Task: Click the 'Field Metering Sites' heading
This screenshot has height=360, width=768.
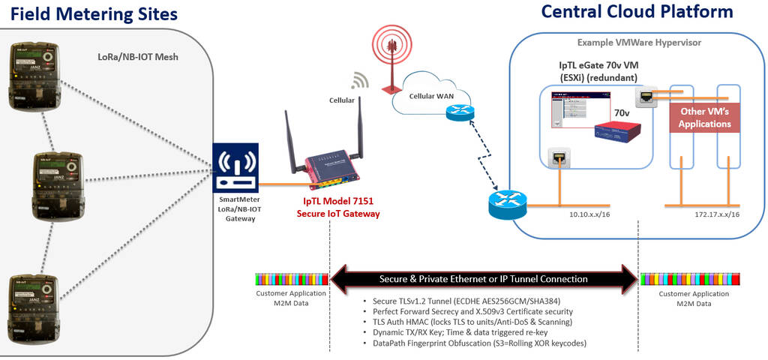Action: pos(94,13)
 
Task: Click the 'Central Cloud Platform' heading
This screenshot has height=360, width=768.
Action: pos(637,12)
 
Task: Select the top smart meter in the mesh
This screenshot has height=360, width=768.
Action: pos(31,75)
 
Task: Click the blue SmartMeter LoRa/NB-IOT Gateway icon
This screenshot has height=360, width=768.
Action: pos(235,166)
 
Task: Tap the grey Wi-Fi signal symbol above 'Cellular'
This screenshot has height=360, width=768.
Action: pos(360,80)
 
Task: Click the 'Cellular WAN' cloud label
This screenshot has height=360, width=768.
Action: pos(430,96)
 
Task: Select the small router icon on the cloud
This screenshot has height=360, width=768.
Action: pos(455,112)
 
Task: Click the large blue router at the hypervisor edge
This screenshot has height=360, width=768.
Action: pos(508,203)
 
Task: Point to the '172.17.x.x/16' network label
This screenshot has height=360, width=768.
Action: pos(712,214)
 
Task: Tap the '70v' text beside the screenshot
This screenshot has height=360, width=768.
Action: pos(622,112)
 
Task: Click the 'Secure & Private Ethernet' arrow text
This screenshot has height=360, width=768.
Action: pos(484,278)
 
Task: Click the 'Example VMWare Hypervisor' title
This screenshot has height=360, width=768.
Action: pos(639,43)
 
